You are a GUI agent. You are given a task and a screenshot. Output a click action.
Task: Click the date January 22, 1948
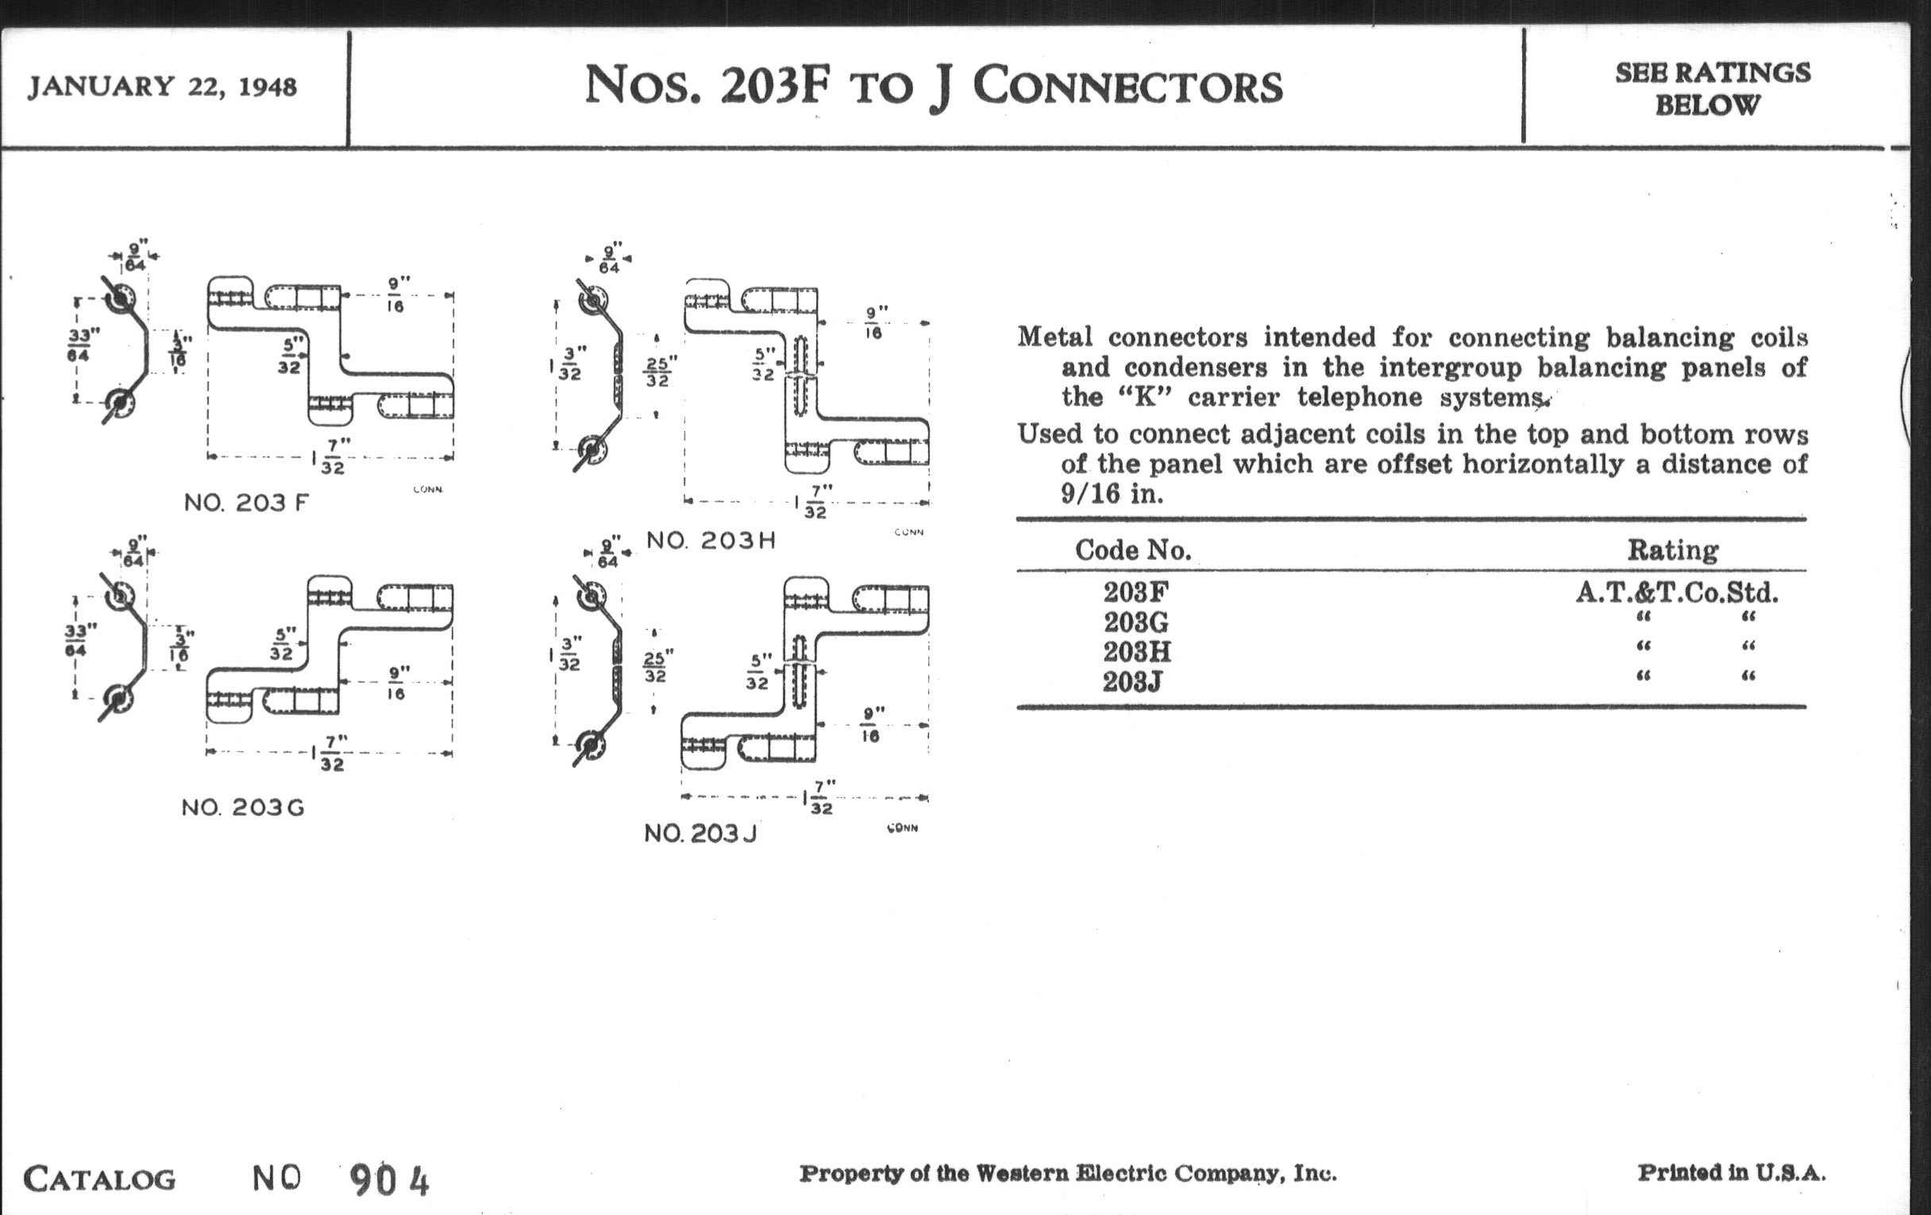(x=162, y=87)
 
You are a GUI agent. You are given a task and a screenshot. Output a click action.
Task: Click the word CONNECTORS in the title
(x=1127, y=86)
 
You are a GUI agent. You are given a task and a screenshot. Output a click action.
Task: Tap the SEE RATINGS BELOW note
(x=1711, y=89)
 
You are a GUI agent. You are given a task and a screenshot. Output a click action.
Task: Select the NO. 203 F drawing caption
(x=246, y=503)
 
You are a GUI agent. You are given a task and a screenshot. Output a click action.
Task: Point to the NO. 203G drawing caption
(x=242, y=808)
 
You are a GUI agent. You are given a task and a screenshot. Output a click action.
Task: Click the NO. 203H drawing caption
(x=711, y=541)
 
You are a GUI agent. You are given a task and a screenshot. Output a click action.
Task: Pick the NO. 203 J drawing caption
(x=700, y=834)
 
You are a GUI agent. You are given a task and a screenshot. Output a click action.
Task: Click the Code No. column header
(x=1132, y=550)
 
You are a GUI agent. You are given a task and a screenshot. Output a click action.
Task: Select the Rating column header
(x=1672, y=550)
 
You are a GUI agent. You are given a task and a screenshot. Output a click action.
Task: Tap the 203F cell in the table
(x=1135, y=592)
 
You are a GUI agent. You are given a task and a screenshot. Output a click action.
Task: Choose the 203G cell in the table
(x=1135, y=623)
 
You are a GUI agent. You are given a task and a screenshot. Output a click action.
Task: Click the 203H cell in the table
(x=1136, y=651)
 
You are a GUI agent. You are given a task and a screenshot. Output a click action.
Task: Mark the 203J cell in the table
(x=1132, y=681)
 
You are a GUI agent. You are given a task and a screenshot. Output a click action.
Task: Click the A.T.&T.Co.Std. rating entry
(x=1677, y=592)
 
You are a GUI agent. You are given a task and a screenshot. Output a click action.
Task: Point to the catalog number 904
(x=390, y=1180)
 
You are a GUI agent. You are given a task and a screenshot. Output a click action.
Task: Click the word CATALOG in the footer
(x=99, y=1179)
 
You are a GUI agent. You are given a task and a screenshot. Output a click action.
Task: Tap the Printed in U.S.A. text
(x=1731, y=1173)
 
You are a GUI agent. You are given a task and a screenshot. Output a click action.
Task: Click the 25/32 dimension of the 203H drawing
(x=659, y=372)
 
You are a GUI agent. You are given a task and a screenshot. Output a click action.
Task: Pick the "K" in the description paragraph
(x=1144, y=398)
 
